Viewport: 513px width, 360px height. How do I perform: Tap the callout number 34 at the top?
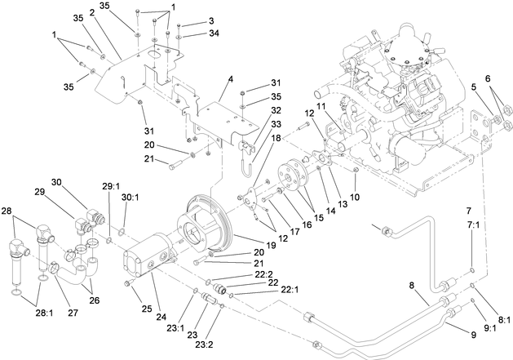click(x=191, y=33)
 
